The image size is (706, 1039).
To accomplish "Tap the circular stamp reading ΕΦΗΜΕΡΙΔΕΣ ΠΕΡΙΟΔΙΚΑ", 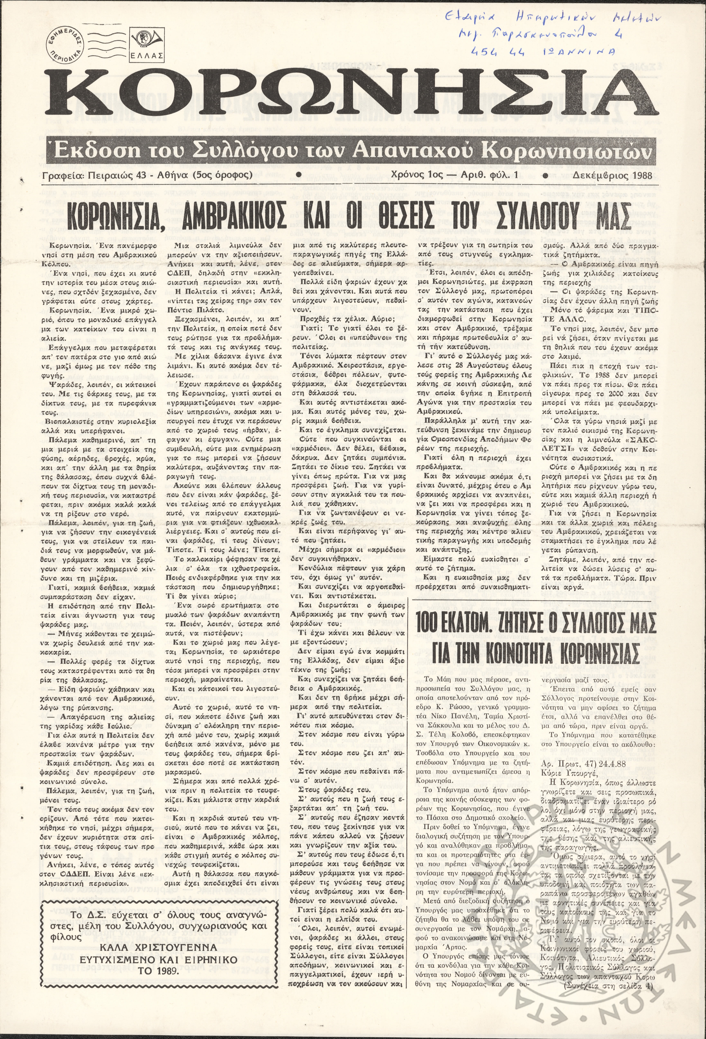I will (x=67, y=45).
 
